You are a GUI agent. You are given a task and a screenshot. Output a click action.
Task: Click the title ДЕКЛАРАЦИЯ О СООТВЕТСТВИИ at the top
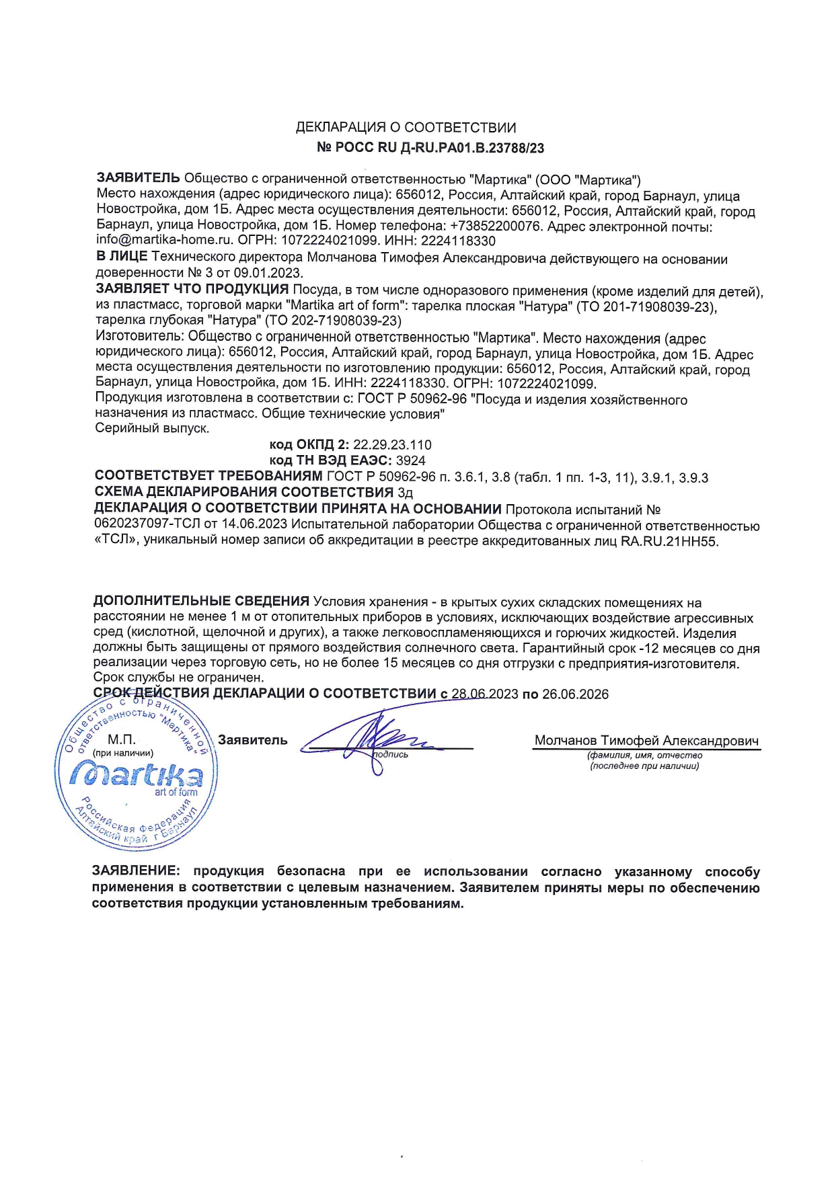pos(406,128)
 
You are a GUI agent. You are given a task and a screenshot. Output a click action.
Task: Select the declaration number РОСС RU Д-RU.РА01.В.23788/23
pos(437,148)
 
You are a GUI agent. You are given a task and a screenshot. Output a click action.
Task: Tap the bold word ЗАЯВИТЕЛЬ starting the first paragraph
pos(138,178)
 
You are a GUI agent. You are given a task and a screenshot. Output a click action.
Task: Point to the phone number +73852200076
pos(496,227)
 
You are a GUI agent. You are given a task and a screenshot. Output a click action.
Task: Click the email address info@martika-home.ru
pos(164,241)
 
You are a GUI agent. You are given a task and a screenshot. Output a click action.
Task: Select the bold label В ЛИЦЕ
pos(122,257)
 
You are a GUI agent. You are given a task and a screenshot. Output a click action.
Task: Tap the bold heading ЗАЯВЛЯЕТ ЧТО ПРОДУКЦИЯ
pos(192,290)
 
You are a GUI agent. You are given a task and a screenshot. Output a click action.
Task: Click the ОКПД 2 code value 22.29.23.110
pos(392,445)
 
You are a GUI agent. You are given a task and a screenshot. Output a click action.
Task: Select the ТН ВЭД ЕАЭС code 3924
pos(411,460)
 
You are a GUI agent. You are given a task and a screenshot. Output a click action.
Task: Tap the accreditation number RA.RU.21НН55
pos(669,541)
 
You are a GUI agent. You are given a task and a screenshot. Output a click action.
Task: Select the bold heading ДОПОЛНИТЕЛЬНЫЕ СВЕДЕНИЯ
pos(201,601)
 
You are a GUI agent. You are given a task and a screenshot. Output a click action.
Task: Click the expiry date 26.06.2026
pos(575,694)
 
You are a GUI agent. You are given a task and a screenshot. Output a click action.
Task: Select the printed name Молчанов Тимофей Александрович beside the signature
pos(646,741)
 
